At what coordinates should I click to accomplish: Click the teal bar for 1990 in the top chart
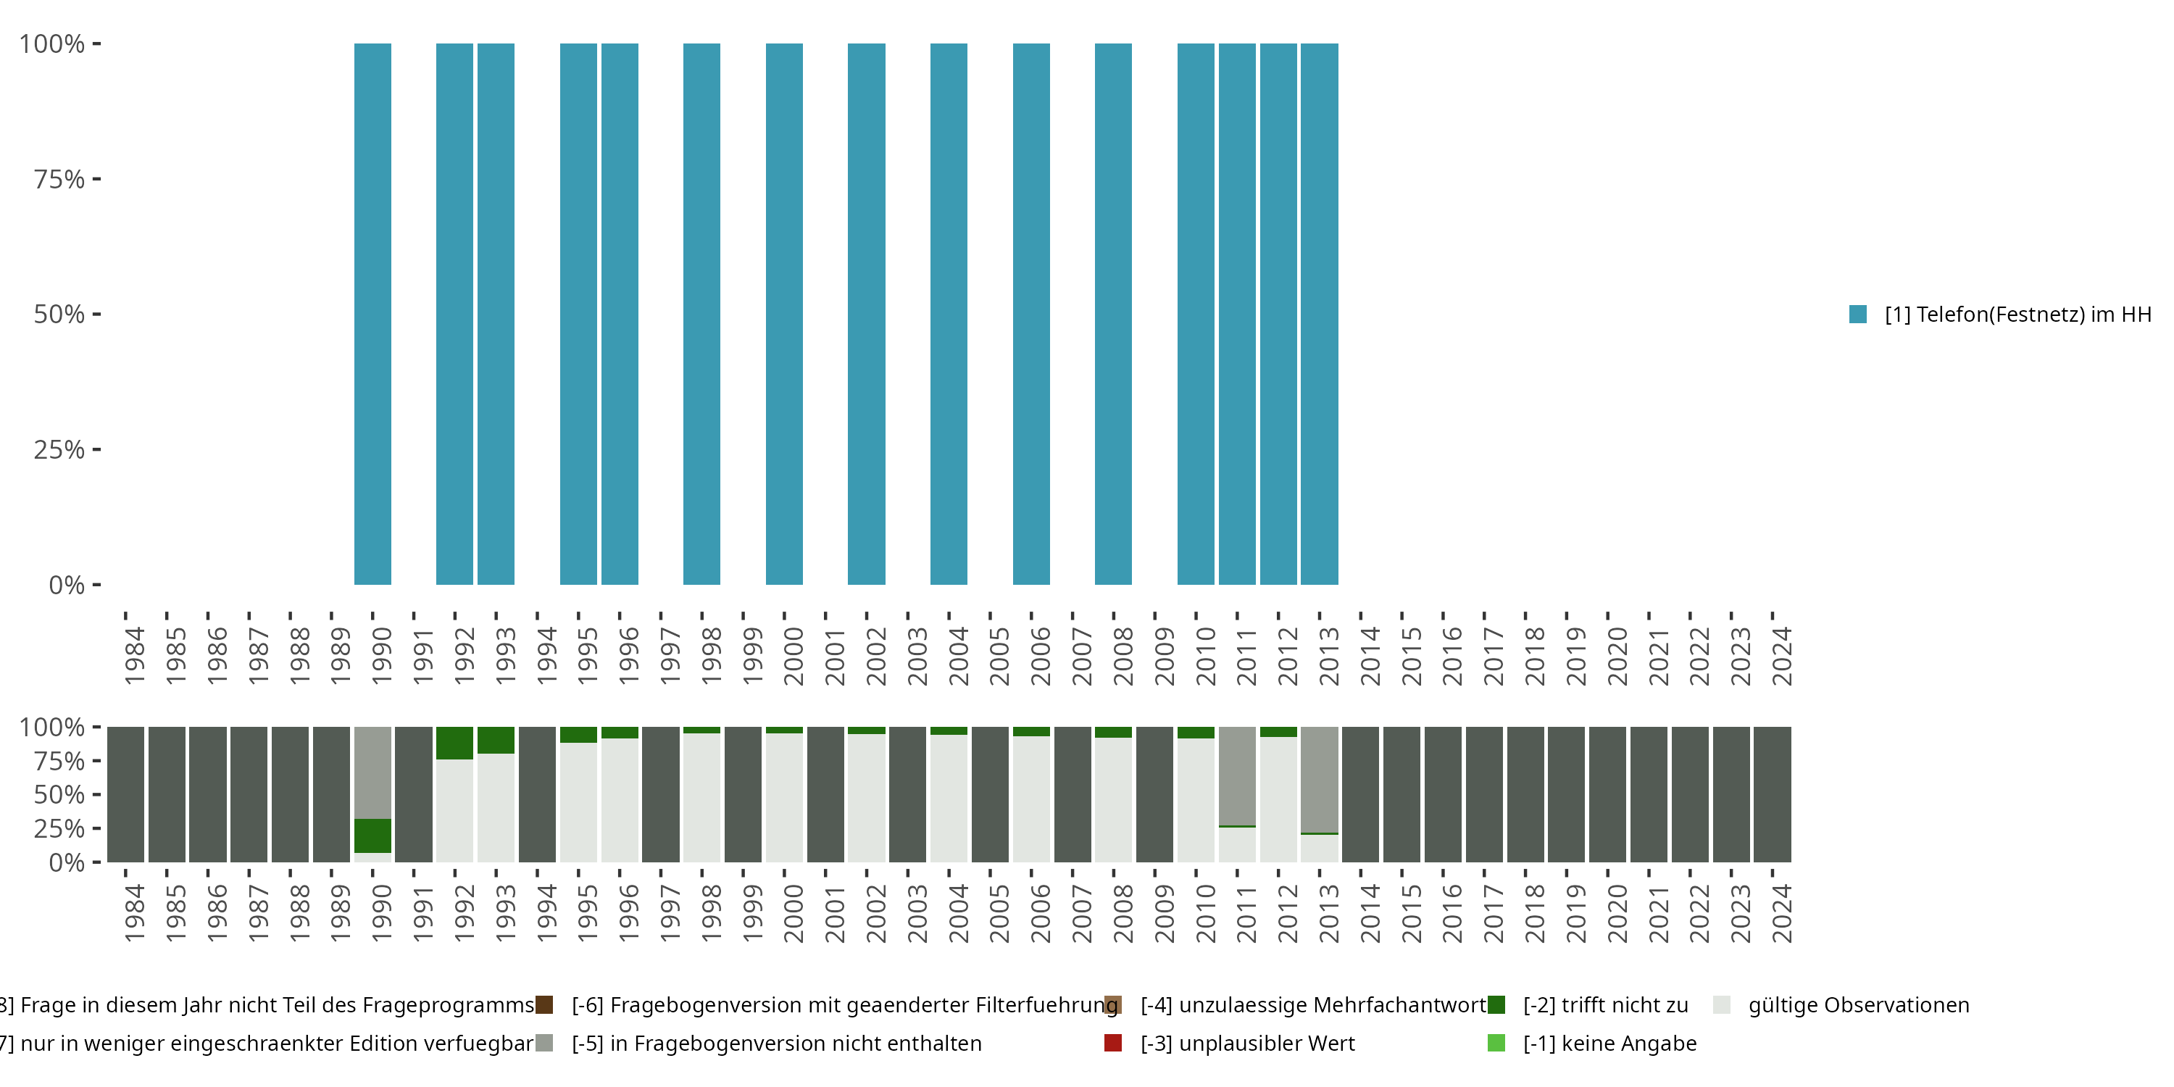click(x=372, y=314)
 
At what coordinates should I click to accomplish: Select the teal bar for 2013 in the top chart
click(x=1319, y=314)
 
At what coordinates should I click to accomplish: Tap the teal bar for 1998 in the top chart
click(x=701, y=314)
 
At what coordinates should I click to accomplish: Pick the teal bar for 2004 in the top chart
click(x=949, y=314)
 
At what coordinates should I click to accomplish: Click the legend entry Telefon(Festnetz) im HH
click(x=2017, y=315)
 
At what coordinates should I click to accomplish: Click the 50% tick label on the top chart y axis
click(x=59, y=315)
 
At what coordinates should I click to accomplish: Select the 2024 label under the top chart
click(x=1781, y=656)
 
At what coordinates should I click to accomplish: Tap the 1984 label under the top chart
click(x=135, y=656)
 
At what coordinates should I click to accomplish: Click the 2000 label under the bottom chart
click(x=794, y=913)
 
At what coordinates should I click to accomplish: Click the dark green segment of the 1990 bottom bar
click(x=372, y=836)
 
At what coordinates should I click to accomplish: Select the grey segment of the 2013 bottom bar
click(x=1319, y=779)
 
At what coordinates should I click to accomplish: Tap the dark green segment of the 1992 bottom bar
click(x=454, y=743)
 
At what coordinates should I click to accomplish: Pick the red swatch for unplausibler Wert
click(x=1113, y=1043)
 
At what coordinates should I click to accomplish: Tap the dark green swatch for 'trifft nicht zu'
click(x=1496, y=1005)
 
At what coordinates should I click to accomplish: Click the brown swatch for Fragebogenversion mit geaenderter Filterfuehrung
click(x=544, y=1005)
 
